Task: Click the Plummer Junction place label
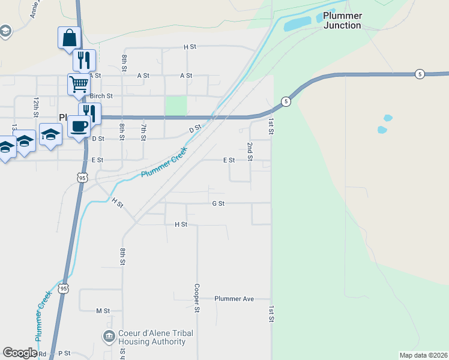click(342, 20)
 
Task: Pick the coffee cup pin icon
click(79, 126)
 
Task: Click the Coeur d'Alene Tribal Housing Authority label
click(152, 337)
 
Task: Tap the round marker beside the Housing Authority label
click(109, 337)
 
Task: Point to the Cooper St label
click(196, 298)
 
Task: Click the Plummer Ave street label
click(234, 299)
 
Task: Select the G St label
click(218, 203)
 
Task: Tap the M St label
click(103, 311)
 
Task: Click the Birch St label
click(101, 96)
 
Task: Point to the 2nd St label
click(250, 152)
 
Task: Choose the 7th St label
click(143, 131)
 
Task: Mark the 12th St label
click(36, 106)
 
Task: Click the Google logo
click(20, 353)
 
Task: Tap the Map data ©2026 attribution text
click(423, 355)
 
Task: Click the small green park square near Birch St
click(176, 106)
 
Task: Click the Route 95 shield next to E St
click(82, 178)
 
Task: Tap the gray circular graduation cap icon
click(5, 31)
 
